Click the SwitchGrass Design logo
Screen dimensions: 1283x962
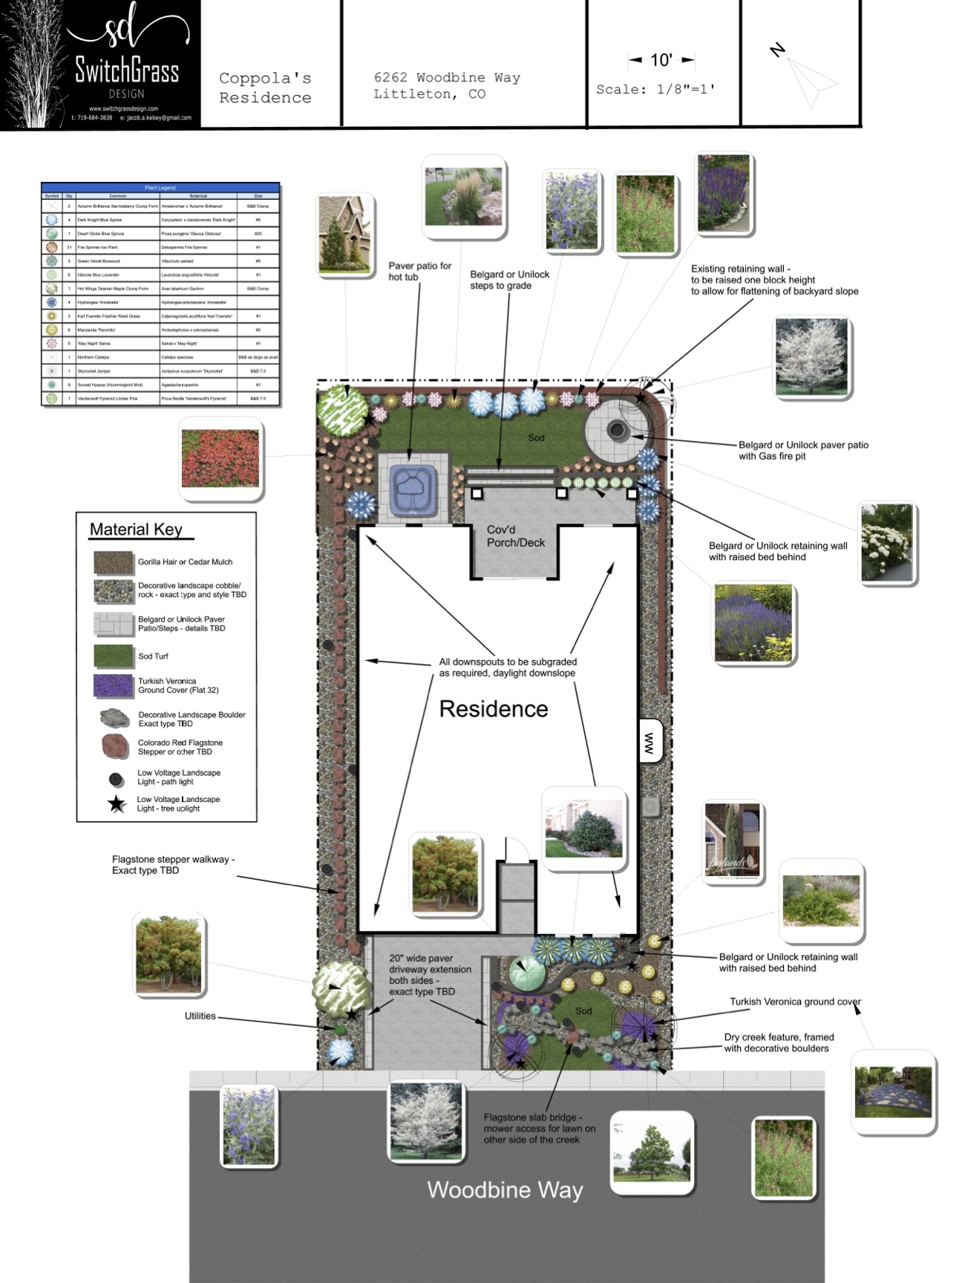pos(100,65)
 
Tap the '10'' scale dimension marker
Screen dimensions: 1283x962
pos(661,60)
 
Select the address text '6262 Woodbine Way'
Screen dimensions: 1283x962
pos(446,78)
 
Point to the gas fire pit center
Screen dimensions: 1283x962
pos(617,429)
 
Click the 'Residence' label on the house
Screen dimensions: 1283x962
pos(494,709)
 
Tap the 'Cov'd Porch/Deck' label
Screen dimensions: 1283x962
pos(516,536)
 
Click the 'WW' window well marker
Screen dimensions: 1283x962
pos(649,742)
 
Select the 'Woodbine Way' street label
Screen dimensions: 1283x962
pos(505,1190)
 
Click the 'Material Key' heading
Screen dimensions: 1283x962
pos(136,529)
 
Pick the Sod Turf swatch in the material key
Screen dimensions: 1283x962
pos(114,656)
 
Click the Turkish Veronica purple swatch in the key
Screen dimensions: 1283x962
pos(114,685)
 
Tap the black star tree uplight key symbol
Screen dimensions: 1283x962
pos(117,804)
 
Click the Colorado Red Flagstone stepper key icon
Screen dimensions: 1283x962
pos(115,746)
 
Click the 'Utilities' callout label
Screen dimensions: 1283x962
pos(200,1016)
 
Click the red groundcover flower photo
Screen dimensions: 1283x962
pos(220,458)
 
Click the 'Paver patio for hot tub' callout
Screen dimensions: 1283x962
pos(419,271)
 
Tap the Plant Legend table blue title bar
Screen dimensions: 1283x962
pos(160,188)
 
